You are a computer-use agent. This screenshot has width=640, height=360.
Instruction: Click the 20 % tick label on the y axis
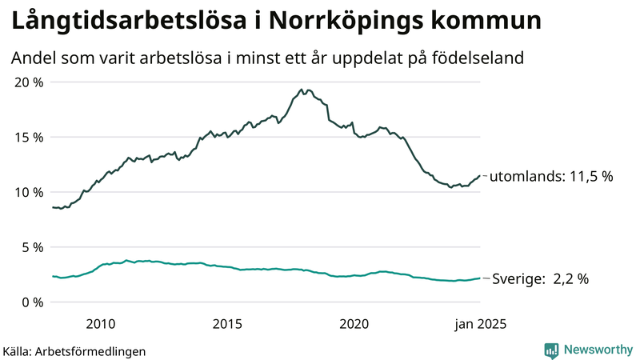[x=28, y=82]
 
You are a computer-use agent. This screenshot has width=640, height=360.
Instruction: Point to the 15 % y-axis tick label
[x=28, y=137]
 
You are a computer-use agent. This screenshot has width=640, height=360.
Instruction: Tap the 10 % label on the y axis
[x=28, y=192]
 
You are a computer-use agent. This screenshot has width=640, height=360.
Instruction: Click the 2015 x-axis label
[x=227, y=324]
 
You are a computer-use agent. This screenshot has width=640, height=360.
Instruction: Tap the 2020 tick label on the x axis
[x=354, y=324]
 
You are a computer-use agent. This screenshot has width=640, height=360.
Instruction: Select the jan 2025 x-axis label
[x=481, y=324]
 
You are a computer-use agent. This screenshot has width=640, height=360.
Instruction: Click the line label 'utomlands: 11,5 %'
[x=550, y=176]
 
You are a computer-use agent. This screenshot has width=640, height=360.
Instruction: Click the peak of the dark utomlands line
[x=301, y=90]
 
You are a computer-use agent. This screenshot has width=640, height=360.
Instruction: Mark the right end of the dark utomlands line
[x=480, y=175]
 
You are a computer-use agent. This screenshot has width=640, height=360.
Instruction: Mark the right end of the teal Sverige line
[x=480, y=278]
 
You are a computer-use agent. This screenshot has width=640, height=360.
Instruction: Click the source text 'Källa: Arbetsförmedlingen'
[x=74, y=351]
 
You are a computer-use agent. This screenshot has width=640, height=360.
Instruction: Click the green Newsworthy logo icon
[x=551, y=350]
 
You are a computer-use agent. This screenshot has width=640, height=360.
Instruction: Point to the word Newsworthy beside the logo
[x=598, y=350]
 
